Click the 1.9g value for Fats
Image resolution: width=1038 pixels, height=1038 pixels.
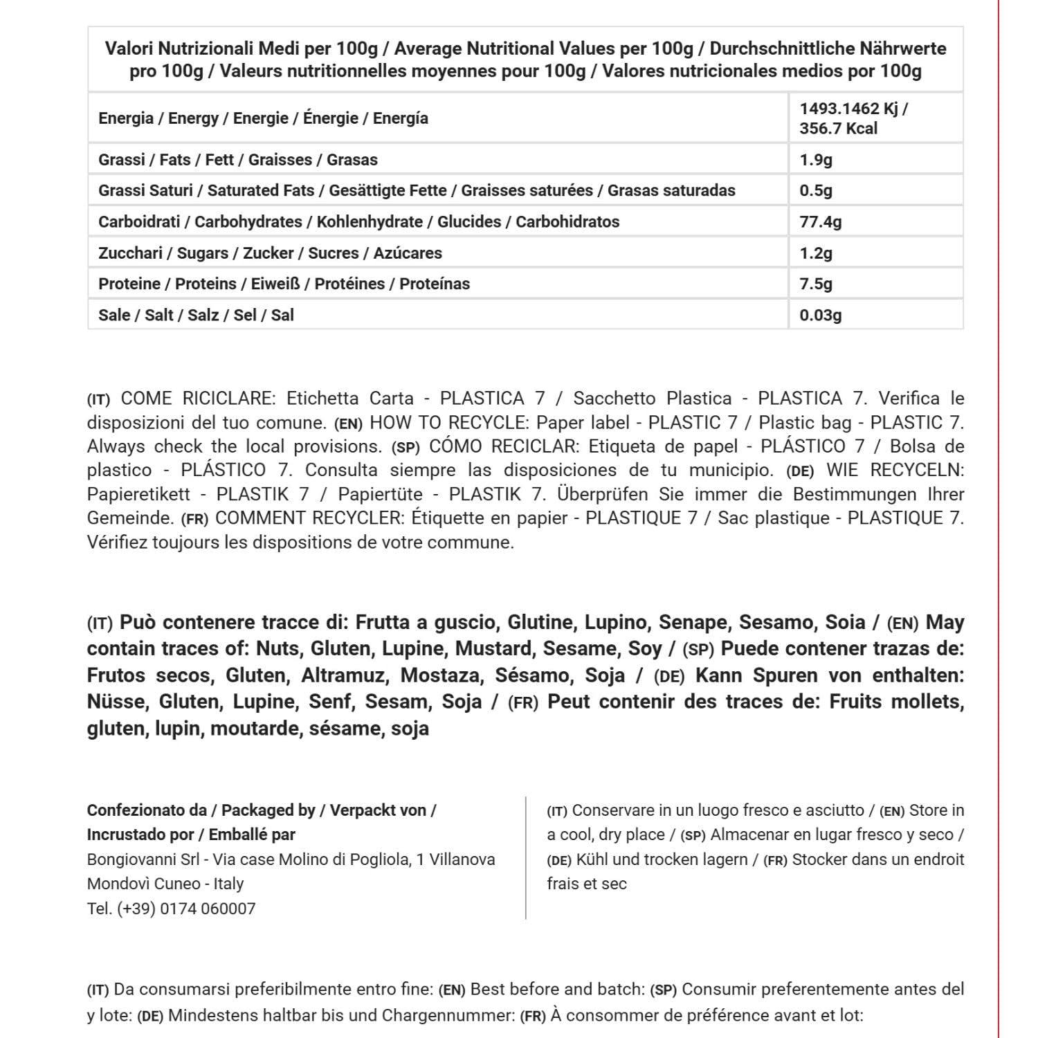[x=816, y=160]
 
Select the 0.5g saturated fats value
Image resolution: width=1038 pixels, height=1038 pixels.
[x=816, y=191]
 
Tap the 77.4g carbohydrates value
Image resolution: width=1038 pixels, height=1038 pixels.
[x=821, y=222]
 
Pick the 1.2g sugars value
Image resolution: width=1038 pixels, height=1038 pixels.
[x=816, y=253]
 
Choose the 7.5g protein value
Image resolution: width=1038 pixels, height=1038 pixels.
[x=816, y=284]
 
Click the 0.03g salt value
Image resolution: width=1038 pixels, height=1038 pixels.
[x=821, y=316]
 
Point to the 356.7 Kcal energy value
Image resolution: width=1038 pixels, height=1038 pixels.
[x=838, y=129]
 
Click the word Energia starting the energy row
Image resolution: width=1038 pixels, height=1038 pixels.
[x=126, y=118]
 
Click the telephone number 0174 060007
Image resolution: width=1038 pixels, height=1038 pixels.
[x=208, y=909]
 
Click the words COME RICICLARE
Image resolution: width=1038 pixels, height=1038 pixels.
[x=198, y=399]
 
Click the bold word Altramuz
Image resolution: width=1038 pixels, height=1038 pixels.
[x=343, y=675]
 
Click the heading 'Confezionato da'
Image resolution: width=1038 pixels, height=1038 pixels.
[x=147, y=810]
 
